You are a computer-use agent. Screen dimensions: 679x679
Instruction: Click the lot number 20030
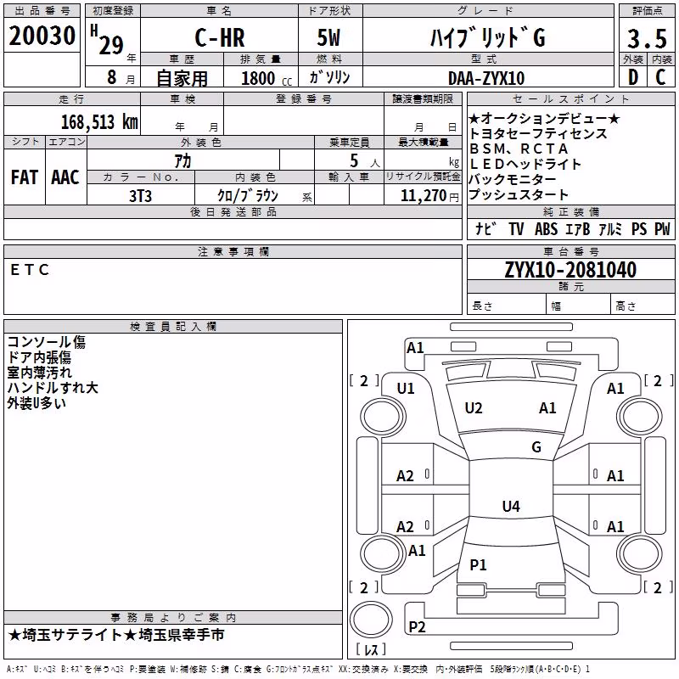(x=42, y=36)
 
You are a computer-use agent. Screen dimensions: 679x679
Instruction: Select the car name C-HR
(x=220, y=37)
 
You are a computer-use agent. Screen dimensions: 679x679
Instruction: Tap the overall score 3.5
(x=647, y=38)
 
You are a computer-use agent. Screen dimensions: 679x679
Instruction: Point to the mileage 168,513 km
(x=99, y=122)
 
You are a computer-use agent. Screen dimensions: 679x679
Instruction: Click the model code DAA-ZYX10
(x=486, y=78)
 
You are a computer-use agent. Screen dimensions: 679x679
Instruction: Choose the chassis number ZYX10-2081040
(x=570, y=270)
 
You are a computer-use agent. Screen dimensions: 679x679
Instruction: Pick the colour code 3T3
(x=140, y=196)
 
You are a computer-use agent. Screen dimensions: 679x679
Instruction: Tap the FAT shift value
(x=25, y=177)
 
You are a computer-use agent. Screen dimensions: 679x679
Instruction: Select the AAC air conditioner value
(x=65, y=177)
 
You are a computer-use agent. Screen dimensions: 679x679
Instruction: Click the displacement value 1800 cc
(x=267, y=78)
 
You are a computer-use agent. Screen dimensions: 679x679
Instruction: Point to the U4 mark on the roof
(x=511, y=506)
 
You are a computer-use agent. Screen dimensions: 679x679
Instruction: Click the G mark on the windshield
(x=536, y=447)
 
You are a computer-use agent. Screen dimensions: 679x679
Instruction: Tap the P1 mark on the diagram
(x=478, y=564)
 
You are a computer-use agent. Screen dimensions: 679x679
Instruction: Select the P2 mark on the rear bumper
(x=417, y=626)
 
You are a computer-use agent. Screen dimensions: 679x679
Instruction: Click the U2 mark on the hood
(x=474, y=408)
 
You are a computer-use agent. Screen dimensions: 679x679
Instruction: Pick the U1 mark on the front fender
(x=406, y=389)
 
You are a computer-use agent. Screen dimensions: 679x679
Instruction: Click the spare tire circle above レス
(x=371, y=620)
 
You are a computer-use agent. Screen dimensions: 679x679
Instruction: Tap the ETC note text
(x=30, y=270)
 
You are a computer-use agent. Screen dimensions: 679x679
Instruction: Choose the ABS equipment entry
(x=546, y=228)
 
